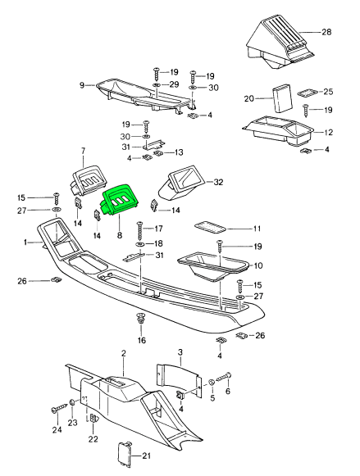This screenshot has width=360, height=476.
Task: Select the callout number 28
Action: click(x=326, y=32)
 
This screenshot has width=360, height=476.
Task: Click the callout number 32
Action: click(x=218, y=182)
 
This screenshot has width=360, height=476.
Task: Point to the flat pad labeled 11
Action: click(x=210, y=228)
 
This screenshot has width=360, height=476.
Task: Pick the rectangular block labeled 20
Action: click(x=281, y=98)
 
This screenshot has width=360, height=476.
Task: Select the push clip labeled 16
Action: click(x=140, y=319)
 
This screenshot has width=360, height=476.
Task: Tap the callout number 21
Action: click(x=147, y=456)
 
